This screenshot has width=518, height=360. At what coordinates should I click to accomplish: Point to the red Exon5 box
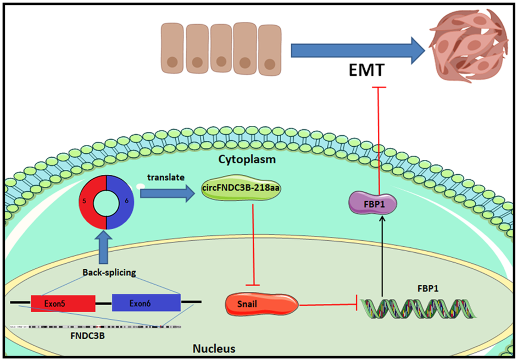(x=63, y=302)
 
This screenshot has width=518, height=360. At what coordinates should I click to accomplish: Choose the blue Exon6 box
(x=146, y=302)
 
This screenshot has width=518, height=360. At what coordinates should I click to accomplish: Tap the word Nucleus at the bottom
(x=214, y=348)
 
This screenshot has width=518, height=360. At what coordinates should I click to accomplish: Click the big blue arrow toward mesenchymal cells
(x=358, y=51)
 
